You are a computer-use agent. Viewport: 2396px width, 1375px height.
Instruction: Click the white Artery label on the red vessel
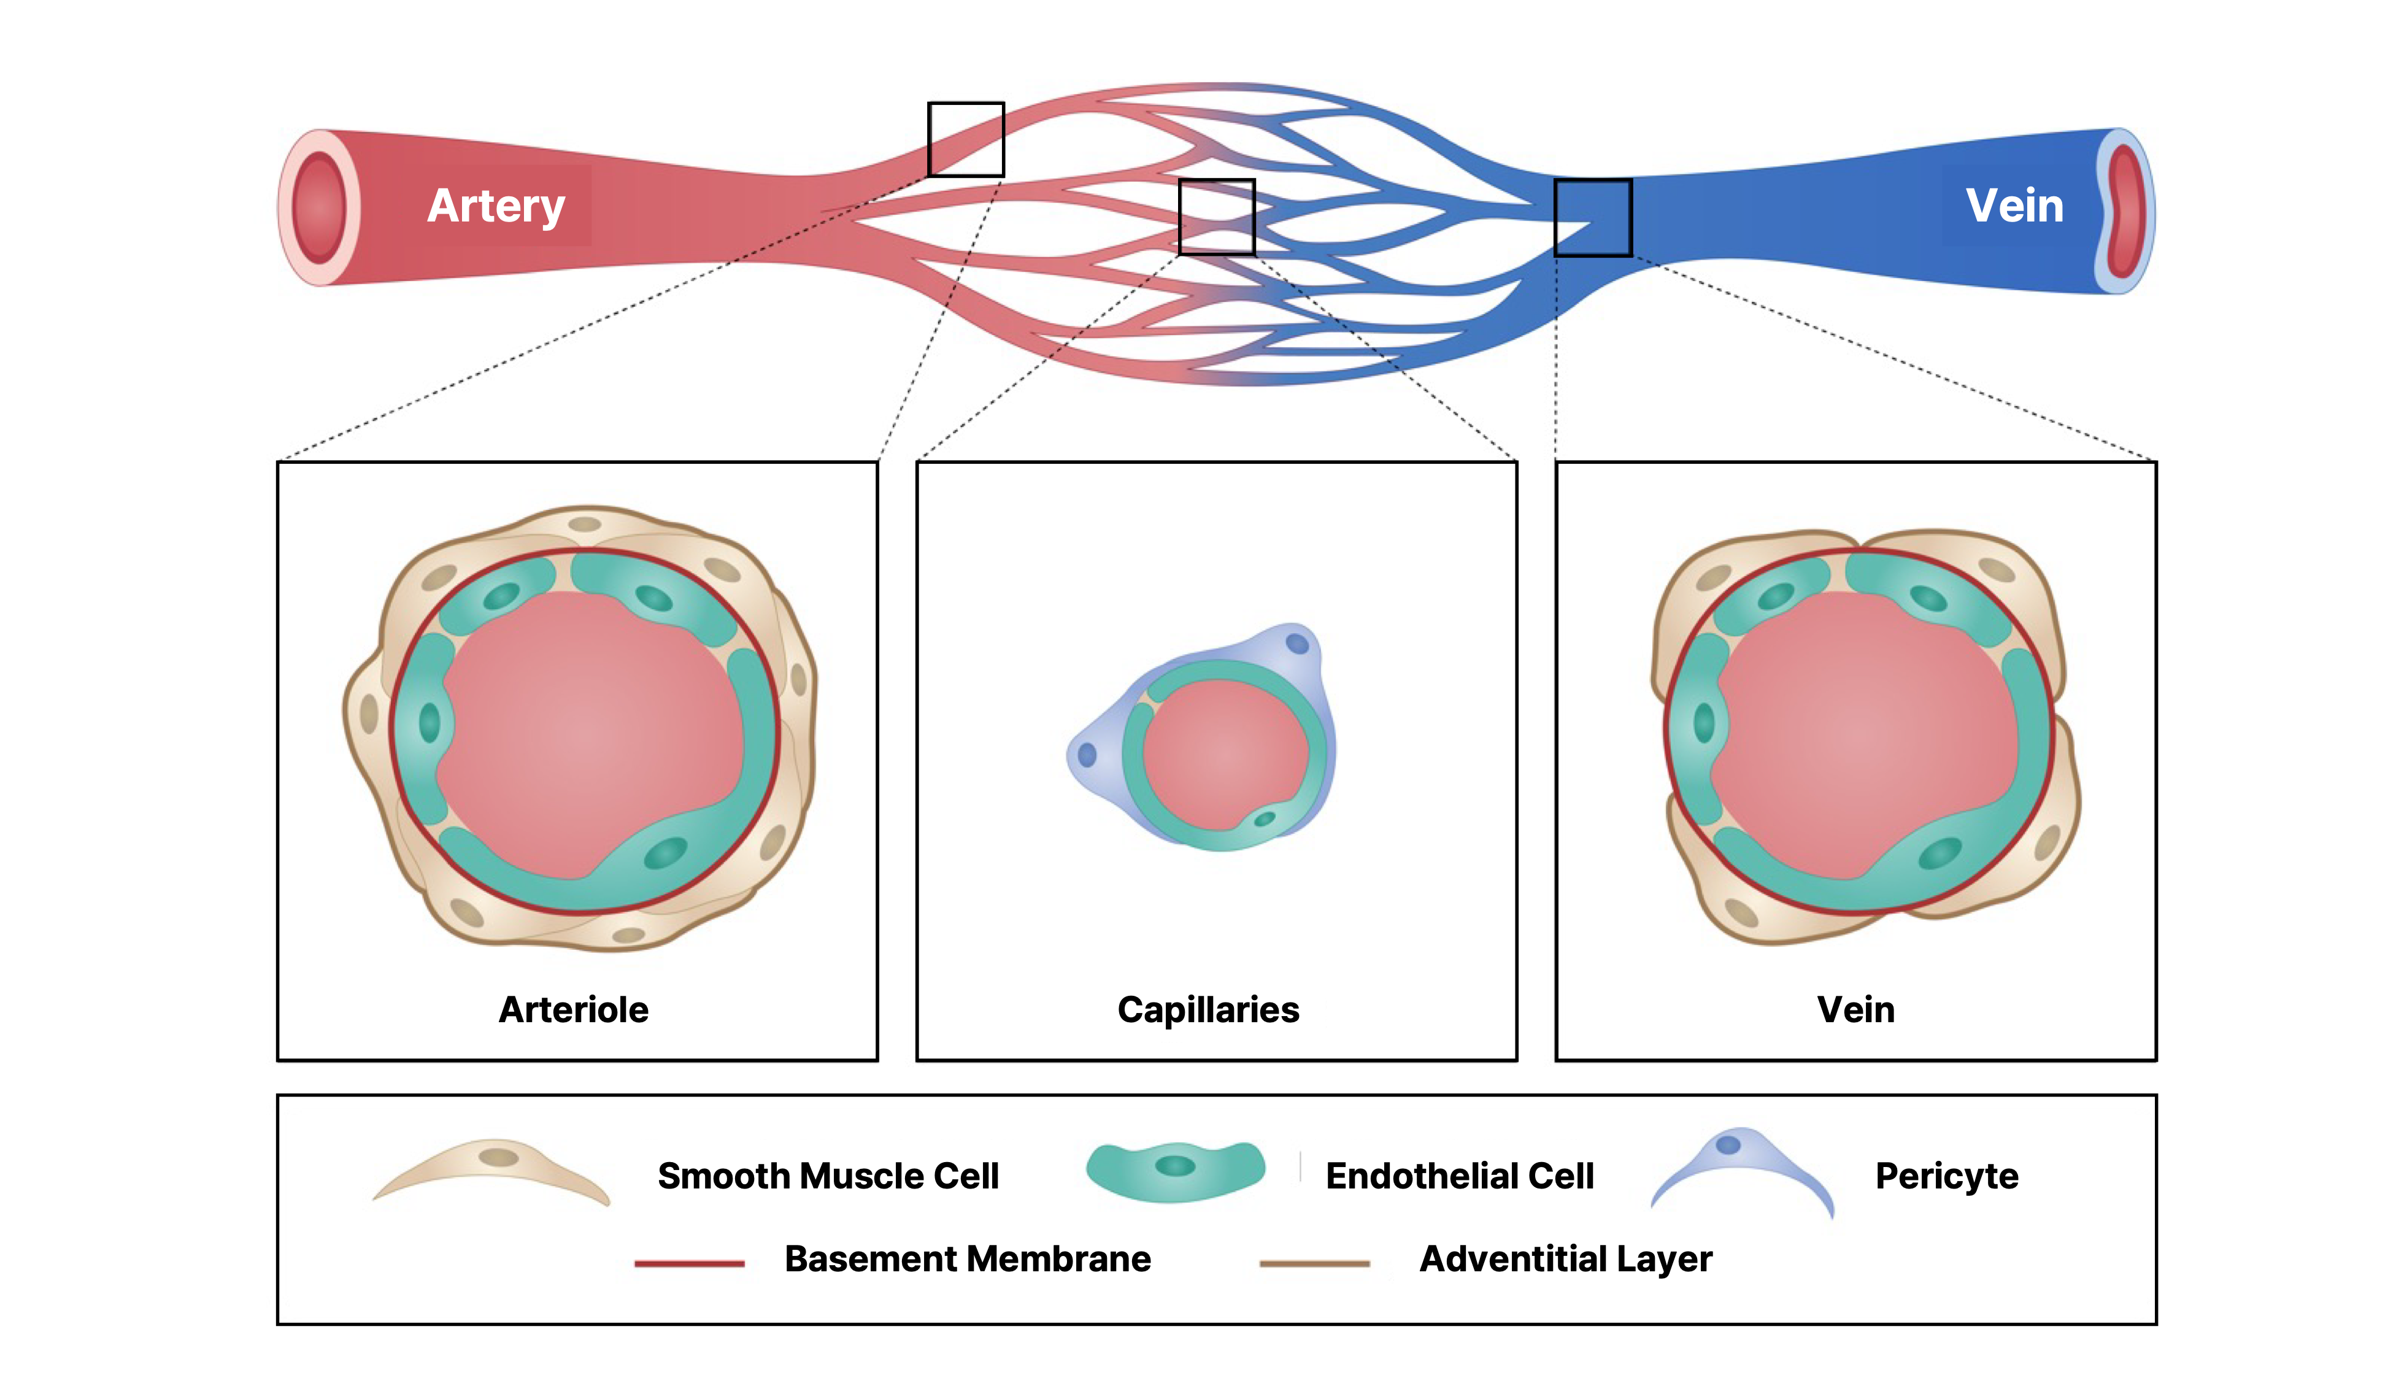tap(496, 206)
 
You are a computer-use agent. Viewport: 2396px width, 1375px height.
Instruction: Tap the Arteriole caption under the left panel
tap(573, 1009)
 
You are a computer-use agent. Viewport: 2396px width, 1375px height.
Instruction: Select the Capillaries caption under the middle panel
tap(1208, 1009)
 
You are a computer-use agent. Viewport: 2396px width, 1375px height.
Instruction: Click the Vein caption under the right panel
tap(1855, 1009)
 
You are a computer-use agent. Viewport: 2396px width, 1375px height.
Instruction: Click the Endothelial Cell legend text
tap(1459, 1176)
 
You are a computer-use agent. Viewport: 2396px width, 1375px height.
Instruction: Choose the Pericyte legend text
tap(1946, 1176)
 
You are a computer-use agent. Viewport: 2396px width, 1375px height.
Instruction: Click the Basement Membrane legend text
tap(967, 1259)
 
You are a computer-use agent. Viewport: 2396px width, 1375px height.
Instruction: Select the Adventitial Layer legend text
tap(1565, 1259)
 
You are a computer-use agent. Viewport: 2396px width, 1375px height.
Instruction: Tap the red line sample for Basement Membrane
tap(690, 1263)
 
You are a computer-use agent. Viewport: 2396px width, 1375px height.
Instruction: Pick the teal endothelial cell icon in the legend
tap(1175, 1169)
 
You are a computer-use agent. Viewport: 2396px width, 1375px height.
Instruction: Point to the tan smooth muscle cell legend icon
tap(491, 1171)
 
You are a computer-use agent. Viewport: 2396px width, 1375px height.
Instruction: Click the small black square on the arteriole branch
tap(965, 140)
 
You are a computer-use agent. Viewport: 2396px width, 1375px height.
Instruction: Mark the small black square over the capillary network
tap(1217, 217)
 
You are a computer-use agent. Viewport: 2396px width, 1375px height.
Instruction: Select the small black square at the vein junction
tap(1592, 217)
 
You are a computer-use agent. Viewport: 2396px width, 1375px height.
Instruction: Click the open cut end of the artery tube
tap(319, 207)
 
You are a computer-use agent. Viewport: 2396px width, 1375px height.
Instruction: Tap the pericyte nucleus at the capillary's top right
tap(1296, 644)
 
